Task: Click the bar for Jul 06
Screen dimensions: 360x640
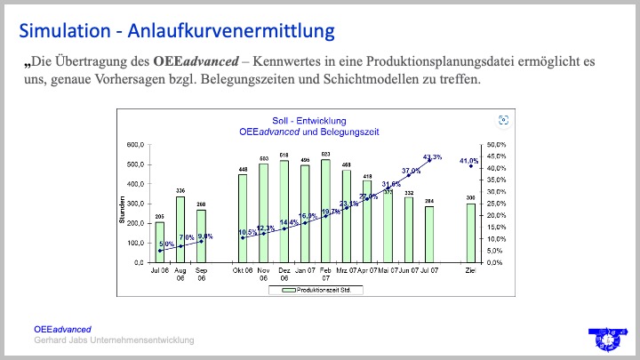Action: pyautogui.click(x=160, y=242)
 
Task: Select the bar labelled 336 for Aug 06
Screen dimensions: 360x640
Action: pyautogui.click(x=180, y=229)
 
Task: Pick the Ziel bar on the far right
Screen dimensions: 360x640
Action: pyautogui.click(x=470, y=233)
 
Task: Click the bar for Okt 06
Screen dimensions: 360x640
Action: pyautogui.click(x=243, y=218)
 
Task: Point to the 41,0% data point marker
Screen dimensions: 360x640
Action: pyautogui.click(x=470, y=166)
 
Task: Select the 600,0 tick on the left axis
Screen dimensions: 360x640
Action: pyautogui.click(x=135, y=144)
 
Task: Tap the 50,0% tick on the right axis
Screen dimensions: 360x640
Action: pyautogui.click(x=494, y=144)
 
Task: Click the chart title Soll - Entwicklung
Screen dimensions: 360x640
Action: pyautogui.click(x=309, y=120)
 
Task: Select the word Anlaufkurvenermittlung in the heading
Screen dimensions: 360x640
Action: pyautogui.click(x=232, y=30)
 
